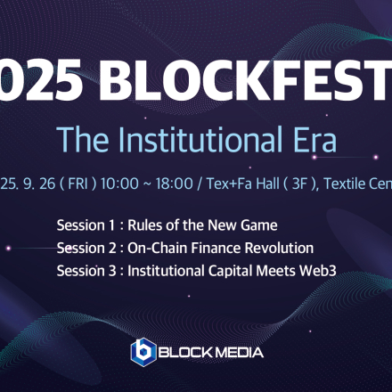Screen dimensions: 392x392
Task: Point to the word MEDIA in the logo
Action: coord(237,352)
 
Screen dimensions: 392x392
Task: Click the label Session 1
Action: coord(82,225)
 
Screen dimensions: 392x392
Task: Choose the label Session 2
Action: coord(82,247)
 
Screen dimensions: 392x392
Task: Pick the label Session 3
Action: coord(82,269)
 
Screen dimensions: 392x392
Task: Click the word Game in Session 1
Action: coord(258,225)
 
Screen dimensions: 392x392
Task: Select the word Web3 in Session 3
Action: coord(319,269)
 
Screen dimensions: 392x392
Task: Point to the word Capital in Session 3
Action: coord(223,269)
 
